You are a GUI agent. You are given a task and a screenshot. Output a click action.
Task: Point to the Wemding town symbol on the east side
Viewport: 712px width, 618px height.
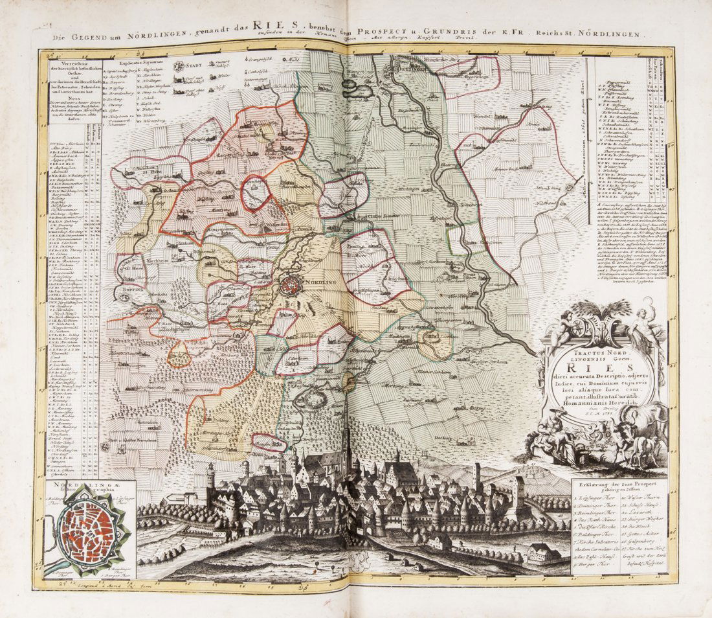coord(568,187)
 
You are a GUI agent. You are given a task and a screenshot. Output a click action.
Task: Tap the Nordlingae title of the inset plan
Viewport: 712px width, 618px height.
coord(69,486)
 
